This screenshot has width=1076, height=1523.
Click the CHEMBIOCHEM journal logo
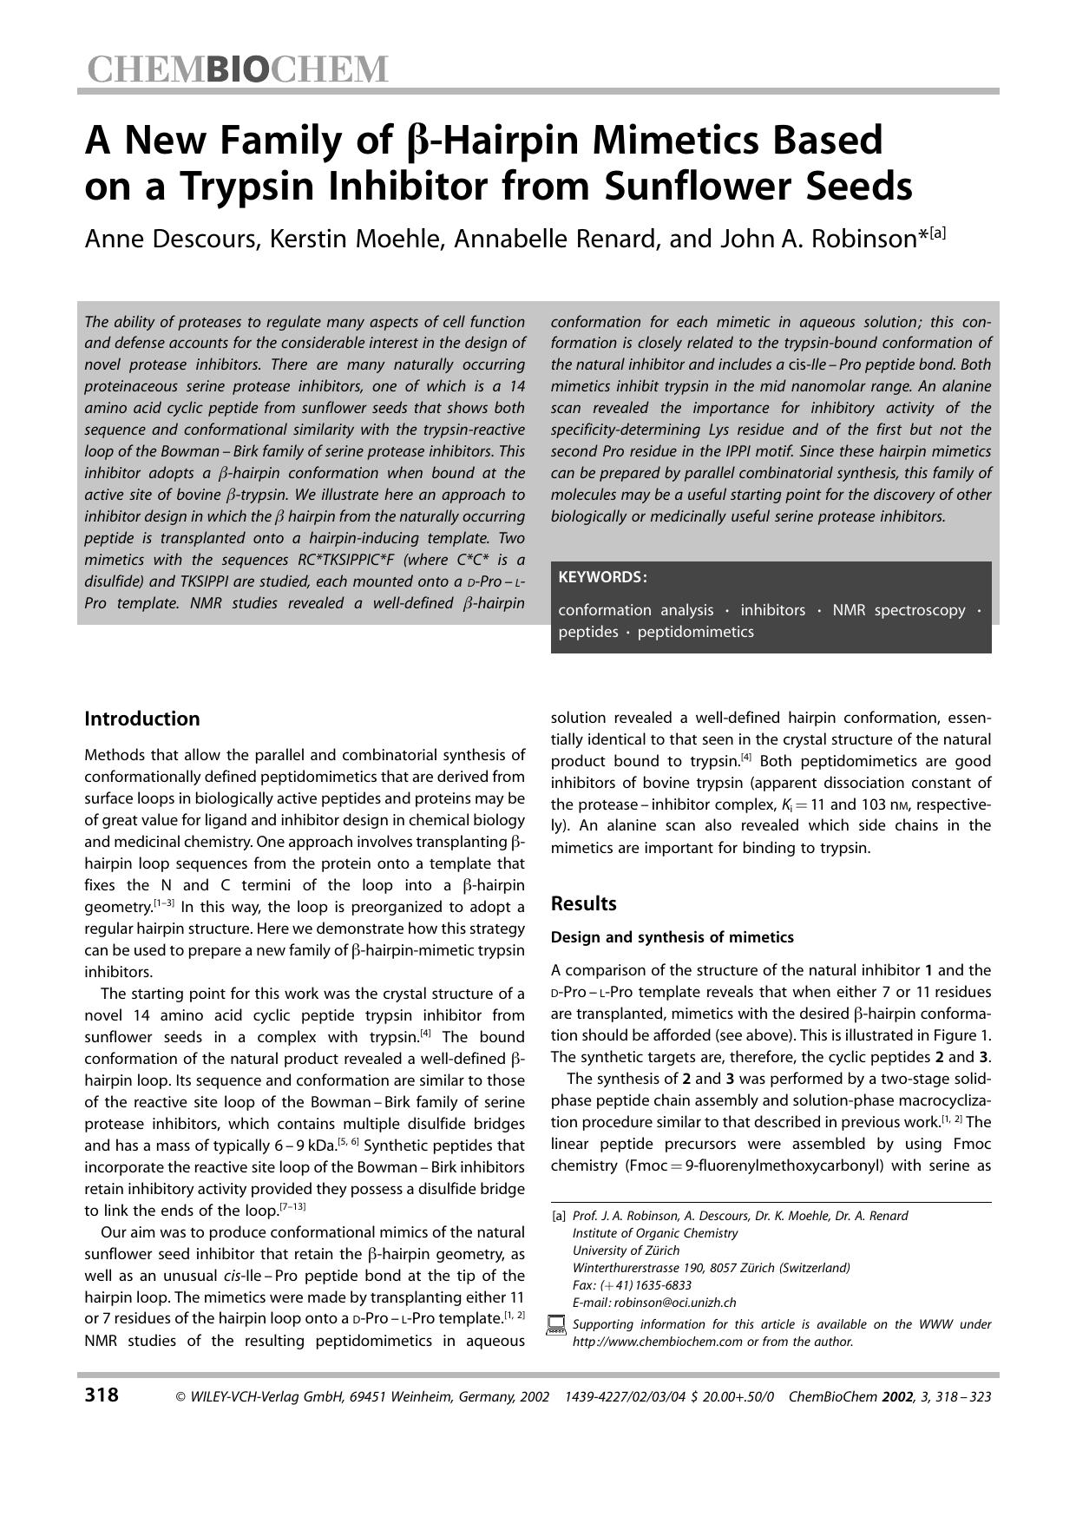(236, 69)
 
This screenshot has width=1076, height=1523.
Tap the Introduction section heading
(141, 719)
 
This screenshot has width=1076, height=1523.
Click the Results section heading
(583, 903)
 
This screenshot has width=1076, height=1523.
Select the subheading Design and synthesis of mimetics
(672, 937)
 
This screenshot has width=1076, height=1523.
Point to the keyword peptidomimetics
(695, 632)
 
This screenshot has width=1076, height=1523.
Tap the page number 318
(102, 1395)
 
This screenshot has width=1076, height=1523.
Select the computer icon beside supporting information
(556, 1326)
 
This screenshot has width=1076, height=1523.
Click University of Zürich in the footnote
(626, 1251)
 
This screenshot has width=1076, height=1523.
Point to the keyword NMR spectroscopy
(898, 610)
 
